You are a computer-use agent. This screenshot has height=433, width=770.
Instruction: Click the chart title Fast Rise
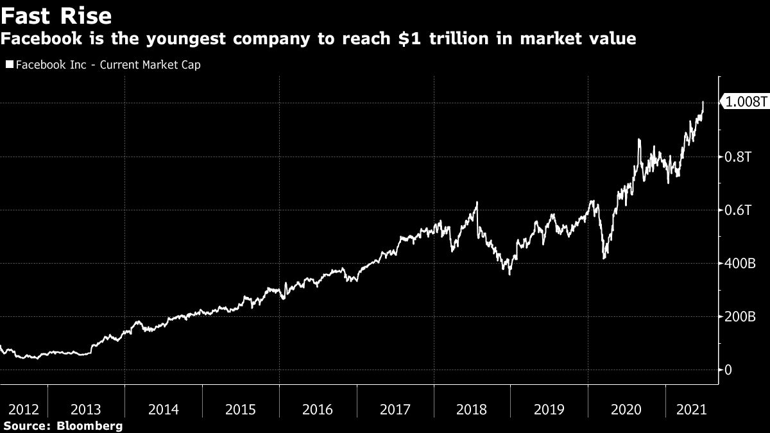pyautogui.click(x=56, y=15)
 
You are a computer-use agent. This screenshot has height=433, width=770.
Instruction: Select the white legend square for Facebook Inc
pyautogui.click(x=8, y=65)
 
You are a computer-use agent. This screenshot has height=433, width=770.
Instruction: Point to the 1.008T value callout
pyautogui.click(x=746, y=102)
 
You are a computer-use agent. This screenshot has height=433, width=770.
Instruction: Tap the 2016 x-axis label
pyautogui.click(x=318, y=409)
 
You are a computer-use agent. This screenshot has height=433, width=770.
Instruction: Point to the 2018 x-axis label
pyautogui.click(x=472, y=409)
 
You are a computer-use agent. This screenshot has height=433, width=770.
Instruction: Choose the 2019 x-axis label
pyautogui.click(x=549, y=409)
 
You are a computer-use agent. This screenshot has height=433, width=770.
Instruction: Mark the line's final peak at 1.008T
pyautogui.click(x=703, y=102)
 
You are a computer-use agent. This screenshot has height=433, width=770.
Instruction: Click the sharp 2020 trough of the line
pyautogui.click(x=604, y=259)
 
